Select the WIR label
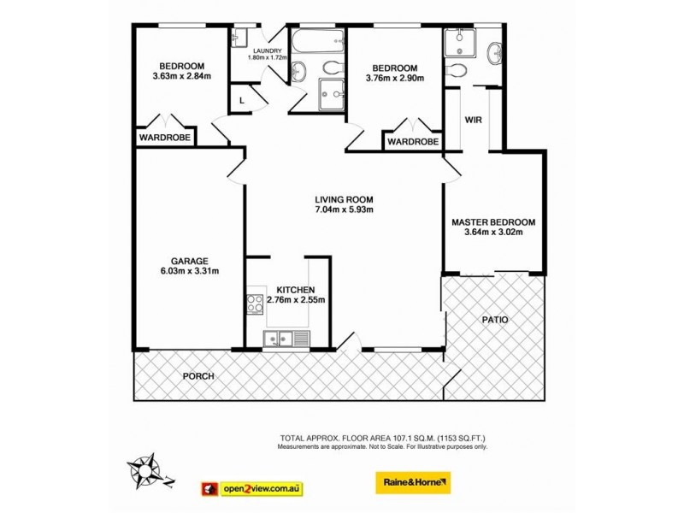point(473,121)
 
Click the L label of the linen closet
point(242,100)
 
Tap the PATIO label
point(493,320)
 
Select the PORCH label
point(198,376)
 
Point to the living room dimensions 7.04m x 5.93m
point(345,209)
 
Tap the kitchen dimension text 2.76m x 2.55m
point(296,300)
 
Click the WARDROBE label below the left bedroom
point(165,137)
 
